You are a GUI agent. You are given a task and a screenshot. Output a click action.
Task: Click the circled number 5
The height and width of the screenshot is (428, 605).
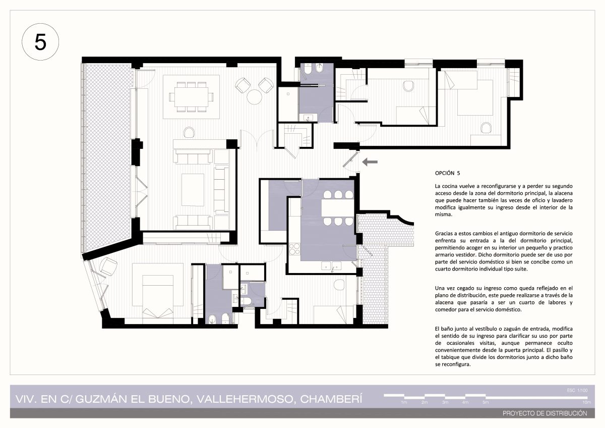(40, 42)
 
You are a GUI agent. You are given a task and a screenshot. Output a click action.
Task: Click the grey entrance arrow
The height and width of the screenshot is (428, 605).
(370, 162)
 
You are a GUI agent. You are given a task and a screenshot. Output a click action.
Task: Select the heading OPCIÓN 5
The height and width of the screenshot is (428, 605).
(447, 173)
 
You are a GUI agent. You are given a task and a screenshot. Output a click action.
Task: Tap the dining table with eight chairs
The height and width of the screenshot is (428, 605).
(191, 97)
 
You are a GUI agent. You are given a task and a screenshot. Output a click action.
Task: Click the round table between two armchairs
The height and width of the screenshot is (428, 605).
(254, 97)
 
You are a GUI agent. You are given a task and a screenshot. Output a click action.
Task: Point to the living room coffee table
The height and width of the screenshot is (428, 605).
(193, 190)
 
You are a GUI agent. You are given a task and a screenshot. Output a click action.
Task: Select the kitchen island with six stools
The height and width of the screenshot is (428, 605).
(338, 208)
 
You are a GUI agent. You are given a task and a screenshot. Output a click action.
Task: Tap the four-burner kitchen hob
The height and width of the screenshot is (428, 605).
(294, 249)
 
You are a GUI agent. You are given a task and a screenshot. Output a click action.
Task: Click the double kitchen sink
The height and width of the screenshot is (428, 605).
(331, 266)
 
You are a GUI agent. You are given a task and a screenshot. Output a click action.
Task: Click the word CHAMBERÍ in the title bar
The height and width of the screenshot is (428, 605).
(331, 399)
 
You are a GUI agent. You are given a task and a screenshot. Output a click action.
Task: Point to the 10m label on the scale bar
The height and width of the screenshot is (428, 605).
(587, 402)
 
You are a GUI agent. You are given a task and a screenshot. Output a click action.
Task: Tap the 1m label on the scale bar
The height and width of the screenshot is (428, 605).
(404, 402)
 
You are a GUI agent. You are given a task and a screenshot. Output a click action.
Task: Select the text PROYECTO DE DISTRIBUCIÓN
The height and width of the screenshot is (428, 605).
(545, 413)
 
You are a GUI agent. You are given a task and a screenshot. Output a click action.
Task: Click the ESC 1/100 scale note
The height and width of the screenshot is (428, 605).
(577, 390)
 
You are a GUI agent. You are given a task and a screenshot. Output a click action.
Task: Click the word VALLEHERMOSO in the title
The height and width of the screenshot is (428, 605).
(245, 399)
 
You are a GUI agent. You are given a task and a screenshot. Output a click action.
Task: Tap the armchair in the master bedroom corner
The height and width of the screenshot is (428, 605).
(108, 266)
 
